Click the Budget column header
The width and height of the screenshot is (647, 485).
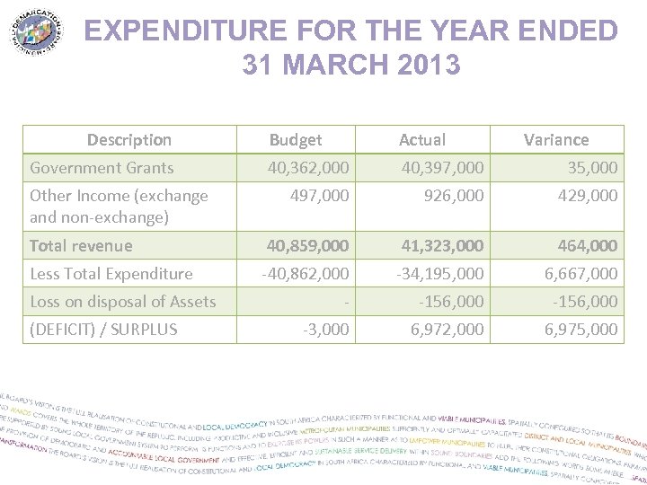[x=295, y=139]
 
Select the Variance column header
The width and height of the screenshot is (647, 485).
[x=556, y=139]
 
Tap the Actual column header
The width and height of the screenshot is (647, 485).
[x=421, y=139]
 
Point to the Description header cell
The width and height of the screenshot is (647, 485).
[x=129, y=139]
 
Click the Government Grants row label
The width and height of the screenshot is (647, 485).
[x=102, y=167]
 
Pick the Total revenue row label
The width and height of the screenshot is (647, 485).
[x=81, y=245]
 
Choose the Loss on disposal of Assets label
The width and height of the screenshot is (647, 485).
[x=122, y=301]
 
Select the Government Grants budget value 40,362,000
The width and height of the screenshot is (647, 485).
[x=308, y=167]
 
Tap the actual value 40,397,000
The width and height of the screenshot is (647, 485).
[x=442, y=167]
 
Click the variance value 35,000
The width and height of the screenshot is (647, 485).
[x=592, y=167]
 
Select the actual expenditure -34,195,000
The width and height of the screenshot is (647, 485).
[x=439, y=273]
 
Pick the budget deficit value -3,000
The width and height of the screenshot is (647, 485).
[x=325, y=329]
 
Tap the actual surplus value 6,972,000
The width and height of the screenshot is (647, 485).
[x=447, y=329]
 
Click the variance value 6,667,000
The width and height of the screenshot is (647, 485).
[x=581, y=273]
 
